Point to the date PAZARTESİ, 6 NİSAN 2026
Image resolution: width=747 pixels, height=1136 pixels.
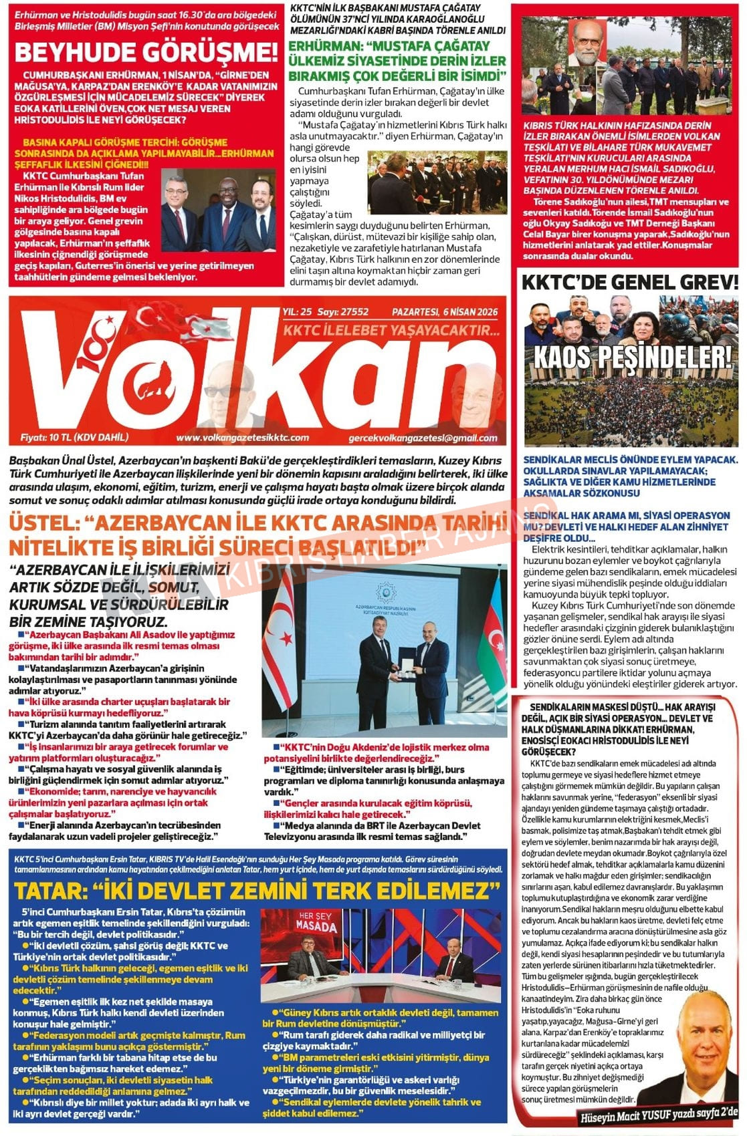[445, 311]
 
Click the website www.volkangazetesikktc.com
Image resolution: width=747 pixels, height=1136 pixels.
[242, 438]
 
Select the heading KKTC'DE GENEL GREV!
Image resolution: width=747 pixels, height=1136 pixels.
[629, 282]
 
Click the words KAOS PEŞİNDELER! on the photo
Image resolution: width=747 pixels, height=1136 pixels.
[631, 356]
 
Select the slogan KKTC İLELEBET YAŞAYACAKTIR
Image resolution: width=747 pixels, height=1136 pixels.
[392, 330]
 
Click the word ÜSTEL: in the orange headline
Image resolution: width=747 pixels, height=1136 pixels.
[41, 523]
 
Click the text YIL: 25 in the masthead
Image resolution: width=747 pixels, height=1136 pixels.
[298, 311]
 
